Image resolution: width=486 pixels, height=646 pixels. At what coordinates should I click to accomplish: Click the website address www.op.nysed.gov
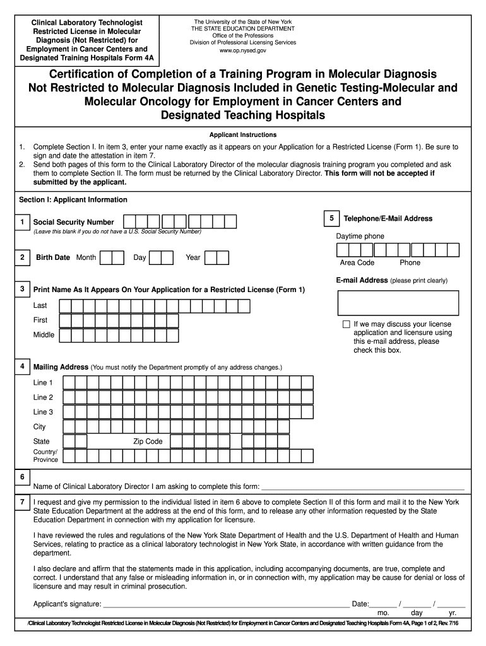pyautogui.click(x=242, y=50)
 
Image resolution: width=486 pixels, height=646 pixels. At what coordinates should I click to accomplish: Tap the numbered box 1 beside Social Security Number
pyautogui.click(x=22, y=222)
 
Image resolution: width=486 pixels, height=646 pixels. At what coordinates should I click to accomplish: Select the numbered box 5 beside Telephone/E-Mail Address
pyautogui.click(x=331, y=218)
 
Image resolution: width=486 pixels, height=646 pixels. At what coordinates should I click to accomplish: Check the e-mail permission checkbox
pyautogui.click(x=346, y=324)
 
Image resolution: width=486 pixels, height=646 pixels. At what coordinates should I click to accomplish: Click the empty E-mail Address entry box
pyautogui.click(x=401, y=302)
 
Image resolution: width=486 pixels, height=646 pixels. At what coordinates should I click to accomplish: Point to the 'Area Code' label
pyautogui.click(x=357, y=262)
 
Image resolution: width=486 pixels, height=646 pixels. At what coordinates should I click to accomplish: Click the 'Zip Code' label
pyautogui.click(x=148, y=442)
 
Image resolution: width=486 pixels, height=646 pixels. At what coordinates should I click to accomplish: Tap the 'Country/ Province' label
pyautogui.click(x=45, y=455)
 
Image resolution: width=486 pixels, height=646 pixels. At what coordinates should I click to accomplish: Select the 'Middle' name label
pyautogui.click(x=44, y=335)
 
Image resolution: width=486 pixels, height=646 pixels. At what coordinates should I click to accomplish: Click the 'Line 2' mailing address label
pyautogui.click(x=44, y=397)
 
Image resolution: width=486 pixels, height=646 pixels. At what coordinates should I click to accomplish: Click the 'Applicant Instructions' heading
pyautogui.click(x=243, y=135)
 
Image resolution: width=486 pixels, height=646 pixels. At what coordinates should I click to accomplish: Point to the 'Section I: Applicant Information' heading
pyautogui.click(x=73, y=200)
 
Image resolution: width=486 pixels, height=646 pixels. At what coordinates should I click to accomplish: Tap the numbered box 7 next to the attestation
pyautogui.click(x=22, y=502)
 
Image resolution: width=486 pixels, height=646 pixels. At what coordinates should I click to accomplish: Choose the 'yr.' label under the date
pyautogui.click(x=453, y=613)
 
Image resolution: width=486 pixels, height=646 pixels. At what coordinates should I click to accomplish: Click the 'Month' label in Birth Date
pyautogui.click(x=86, y=257)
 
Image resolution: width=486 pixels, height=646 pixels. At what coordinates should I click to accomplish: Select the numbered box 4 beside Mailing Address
pyautogui.click(x=22, y=366)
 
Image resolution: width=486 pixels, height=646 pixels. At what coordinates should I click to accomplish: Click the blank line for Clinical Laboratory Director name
pyautogui.click(x=362, y=486)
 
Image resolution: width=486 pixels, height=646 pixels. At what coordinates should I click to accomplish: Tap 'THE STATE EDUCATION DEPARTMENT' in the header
pyautogui.click(x=242, y=28)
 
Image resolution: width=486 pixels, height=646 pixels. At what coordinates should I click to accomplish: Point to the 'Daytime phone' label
pyautogui.click(x=360, y=237)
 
